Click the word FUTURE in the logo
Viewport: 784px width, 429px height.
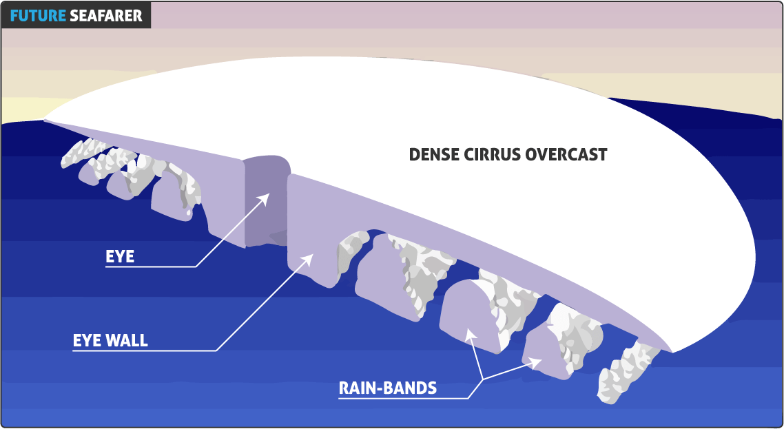(37, 15)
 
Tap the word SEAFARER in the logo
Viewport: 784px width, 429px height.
(106, 15)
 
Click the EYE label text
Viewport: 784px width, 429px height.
(119, 257)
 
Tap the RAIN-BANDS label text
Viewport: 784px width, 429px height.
(387, 388)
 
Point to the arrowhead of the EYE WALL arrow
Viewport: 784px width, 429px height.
(309, 258)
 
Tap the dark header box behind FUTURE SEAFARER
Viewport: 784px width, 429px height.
(76, 15)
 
